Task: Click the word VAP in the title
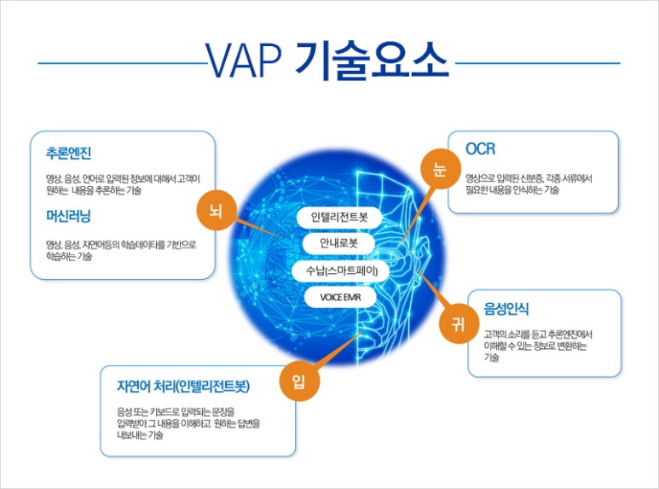pyautogui.click(x=243, y=61)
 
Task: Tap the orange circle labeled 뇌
pyautogui.click(x=217, y=210)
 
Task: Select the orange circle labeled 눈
pyautogui.click(x=440, y=168)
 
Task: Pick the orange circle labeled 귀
pyautogui.click(x=459, y=323)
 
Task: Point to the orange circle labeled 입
pyautogui.click(x=299, y=381)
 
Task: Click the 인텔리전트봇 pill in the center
pyautogui.click(x=339, y=217)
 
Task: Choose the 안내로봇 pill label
pyautogui.click(x=338, y=243)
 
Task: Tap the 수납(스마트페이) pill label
pyautogui.click(x=341, y=271)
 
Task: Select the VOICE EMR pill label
pyautogui.click(x=340, y=297)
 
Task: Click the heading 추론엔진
pyautogui.click(x=68, y=153)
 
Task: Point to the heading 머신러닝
pyautogui.click(x=68, y=216)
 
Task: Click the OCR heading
pyautogui.click(x=480, y=149)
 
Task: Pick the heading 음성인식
pyautogui.click(x=506, y=309)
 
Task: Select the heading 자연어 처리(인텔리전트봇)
pyautogui.click(x=183, y=386)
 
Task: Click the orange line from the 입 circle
pyautogui.click(x=338, y=351)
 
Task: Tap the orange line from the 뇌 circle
pyautogui.click(x=256, y=227)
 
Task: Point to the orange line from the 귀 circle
pyautogui.click(x=433, y=290)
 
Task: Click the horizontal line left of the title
pyautogui.click(x=122, y=63)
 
